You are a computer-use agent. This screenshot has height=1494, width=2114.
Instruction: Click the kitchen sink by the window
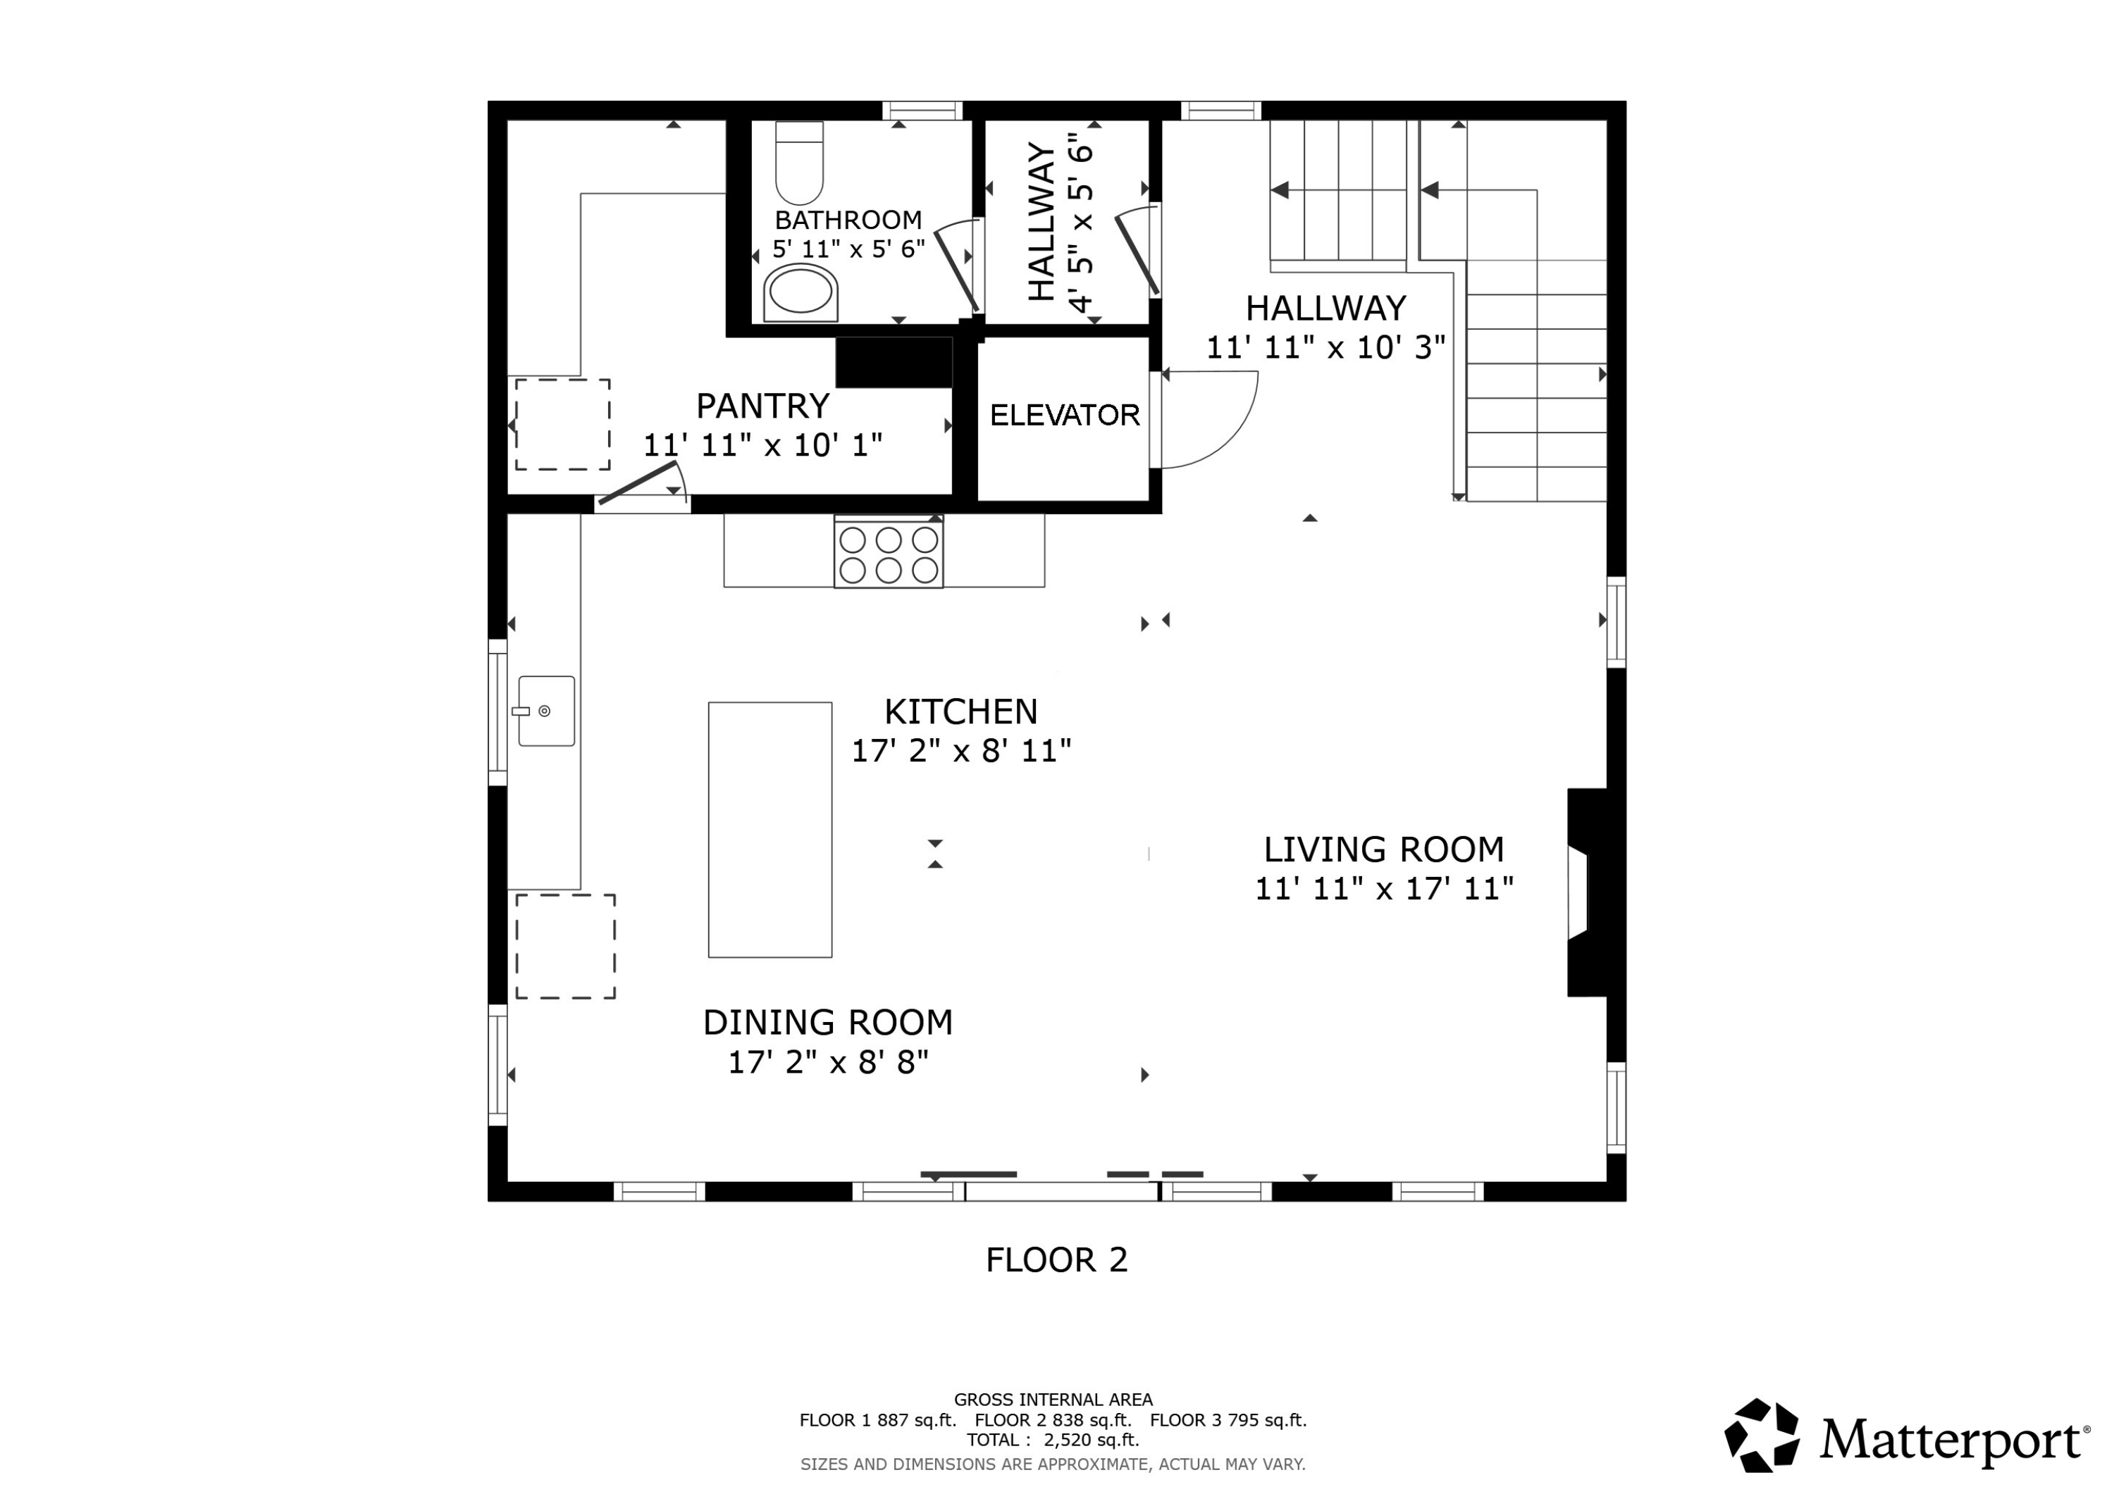[546, 711]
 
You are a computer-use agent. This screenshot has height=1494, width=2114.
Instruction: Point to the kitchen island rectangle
[769, 829]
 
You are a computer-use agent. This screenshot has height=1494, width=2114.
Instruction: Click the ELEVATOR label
[1064, 415]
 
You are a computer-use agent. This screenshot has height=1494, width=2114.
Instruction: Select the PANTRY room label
[762, 406]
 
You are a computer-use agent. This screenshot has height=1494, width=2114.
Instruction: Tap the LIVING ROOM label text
[1384, 849]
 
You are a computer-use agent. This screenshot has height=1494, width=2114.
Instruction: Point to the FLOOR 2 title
[1056, 1259]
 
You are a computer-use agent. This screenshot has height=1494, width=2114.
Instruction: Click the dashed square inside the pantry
[562, 424]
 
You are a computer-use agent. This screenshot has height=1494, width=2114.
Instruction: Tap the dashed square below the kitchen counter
[565, 946]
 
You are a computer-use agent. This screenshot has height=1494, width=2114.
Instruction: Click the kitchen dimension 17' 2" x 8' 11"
[960, 751]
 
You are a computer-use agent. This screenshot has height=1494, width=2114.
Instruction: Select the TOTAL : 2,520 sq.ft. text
[1052, 1440]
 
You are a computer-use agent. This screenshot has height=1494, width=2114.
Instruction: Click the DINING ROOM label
[828, 1023]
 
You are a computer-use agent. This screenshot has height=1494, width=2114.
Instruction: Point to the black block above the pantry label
[893, 362]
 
